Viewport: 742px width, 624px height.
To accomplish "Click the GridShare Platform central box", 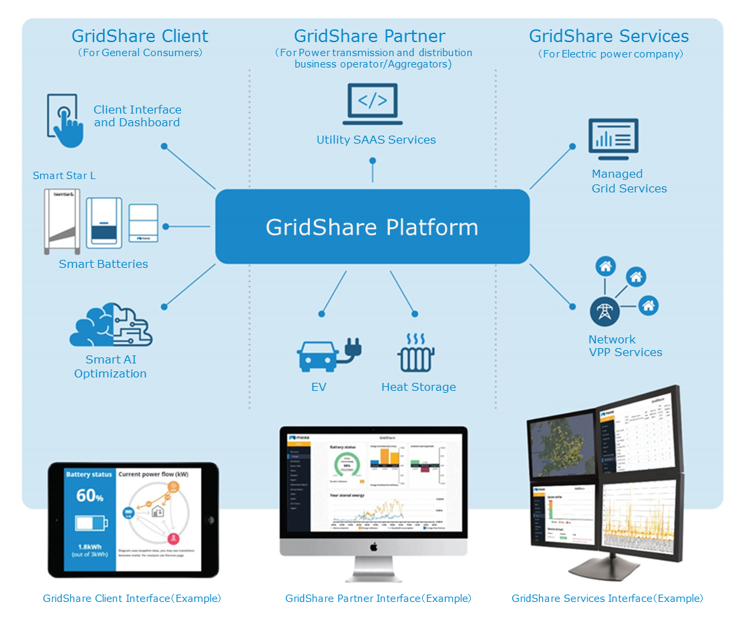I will coord(372,226).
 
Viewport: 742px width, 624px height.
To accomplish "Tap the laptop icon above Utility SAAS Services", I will coord(373,104).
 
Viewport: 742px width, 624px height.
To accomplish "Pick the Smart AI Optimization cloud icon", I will coord(111,325).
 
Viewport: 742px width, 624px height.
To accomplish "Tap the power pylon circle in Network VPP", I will coord(604,311).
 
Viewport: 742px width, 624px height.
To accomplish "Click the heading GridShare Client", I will coord(140,36).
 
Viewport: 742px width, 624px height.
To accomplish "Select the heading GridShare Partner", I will coord(369,36).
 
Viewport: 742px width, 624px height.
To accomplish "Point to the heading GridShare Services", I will coord(608,36).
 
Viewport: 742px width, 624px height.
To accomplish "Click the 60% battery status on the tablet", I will coord(89,496).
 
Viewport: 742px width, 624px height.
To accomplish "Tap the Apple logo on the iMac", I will coord(373,547).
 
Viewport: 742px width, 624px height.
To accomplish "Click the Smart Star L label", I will coord(64,176).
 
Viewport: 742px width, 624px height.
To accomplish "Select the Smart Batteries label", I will coord(104,264).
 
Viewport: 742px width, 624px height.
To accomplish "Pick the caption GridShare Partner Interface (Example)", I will coord(378,599).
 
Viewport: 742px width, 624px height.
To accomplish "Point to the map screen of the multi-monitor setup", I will coord(561,444).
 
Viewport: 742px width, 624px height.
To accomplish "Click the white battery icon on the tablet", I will coord(89,524).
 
